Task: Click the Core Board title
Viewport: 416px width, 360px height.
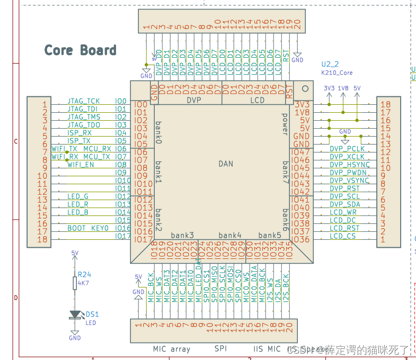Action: [x=80, y=50]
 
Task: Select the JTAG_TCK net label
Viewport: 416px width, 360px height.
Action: [x=83, y=101]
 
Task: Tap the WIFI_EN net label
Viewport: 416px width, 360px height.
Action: [x=81, y=165]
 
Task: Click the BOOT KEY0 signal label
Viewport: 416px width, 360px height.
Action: [x=87, y=228]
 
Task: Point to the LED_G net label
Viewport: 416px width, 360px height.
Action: [x=78, y=196]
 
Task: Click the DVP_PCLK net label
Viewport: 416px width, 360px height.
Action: [x=347, y=149]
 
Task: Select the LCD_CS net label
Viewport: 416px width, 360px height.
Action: [x=343, y=236]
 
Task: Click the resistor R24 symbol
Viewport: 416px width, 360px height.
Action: [x=75, y=283]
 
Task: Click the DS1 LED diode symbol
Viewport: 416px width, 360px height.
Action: [x=75, y=314]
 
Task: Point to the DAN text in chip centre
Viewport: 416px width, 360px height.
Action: [x=226, y=164]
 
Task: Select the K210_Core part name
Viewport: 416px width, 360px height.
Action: [x=337, y=73]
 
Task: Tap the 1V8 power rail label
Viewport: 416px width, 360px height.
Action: [x=343, y=88]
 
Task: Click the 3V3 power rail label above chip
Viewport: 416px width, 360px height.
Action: [x=329, y=88]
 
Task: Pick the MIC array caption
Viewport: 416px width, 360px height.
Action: [x=171, y=349]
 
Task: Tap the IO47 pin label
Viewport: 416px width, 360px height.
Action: [x=300, y=152]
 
